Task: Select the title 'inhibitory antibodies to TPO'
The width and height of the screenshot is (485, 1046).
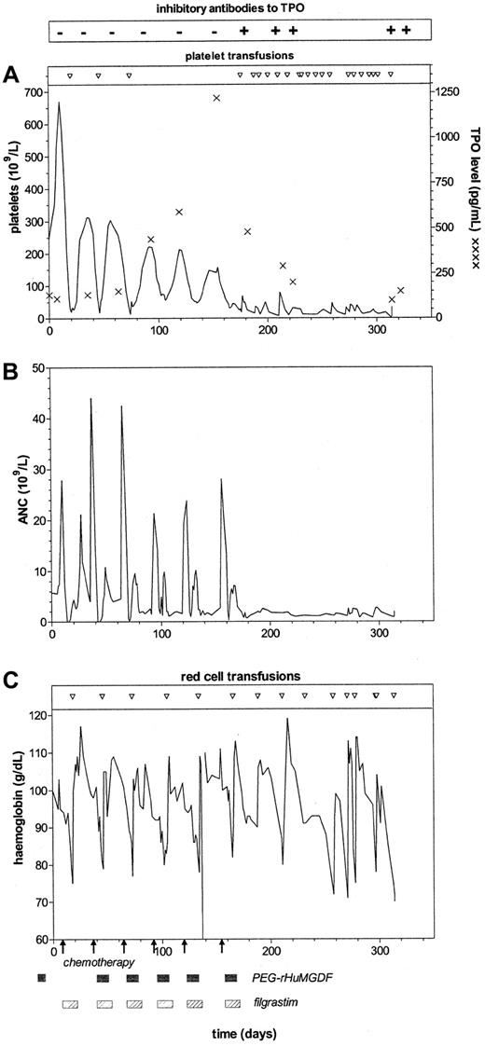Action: (x=241, y=8)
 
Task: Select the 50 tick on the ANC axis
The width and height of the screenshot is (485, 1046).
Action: (x=39, y=368)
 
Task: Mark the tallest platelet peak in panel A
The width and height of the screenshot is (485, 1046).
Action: (x=59, y=103)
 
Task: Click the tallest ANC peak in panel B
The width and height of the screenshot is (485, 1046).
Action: (x=90, y=399)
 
